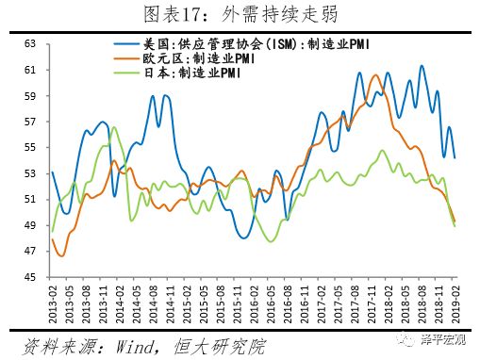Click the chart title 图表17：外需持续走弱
tap(240, 13)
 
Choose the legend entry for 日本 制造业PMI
tap(179, 74)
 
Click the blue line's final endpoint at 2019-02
tap(455, 157)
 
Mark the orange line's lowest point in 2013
tap(62, 255)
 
